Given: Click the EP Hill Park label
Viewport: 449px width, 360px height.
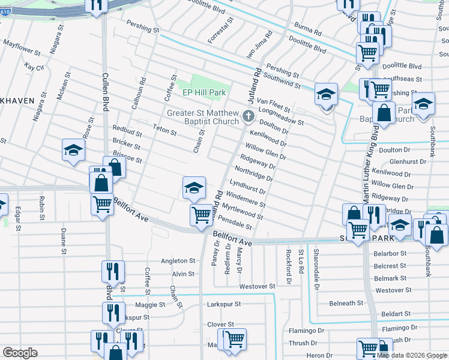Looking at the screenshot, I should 205,93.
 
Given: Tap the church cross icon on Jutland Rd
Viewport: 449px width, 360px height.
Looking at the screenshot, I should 248,116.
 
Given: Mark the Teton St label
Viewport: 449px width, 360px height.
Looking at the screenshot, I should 164,131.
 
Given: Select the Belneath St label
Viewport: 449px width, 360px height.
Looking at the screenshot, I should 346,303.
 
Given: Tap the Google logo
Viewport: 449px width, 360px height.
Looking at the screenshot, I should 20,353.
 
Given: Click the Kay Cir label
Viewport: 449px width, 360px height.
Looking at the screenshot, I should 34,67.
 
